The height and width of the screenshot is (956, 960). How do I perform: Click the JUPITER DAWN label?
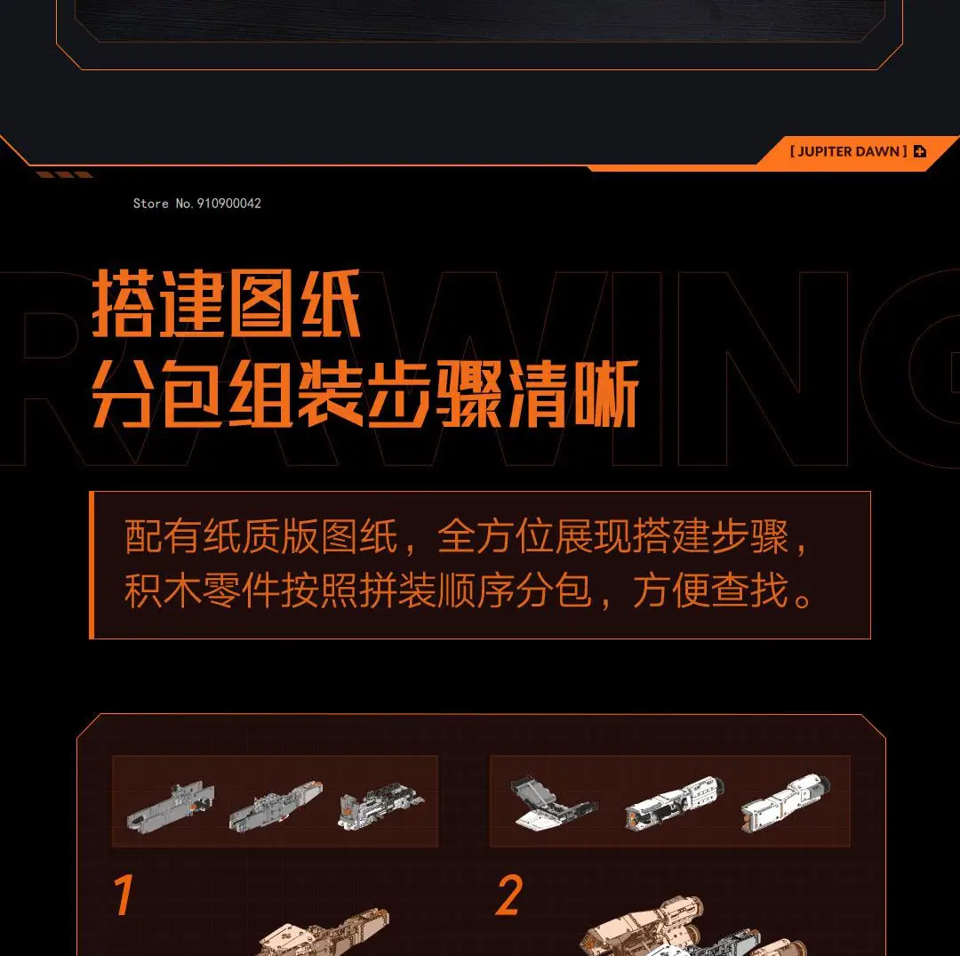click(x=849, y=151)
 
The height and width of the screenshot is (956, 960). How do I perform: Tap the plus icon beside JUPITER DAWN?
click(x=920, y=151)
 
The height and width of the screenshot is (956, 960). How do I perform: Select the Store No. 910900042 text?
click(x=197, y=204)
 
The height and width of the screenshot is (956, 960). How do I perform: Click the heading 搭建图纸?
click(x=226, y=304)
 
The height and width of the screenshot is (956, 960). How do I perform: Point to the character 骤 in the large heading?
click(x=469, y=393)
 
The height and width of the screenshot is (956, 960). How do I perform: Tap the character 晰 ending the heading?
click(x=607, y=393)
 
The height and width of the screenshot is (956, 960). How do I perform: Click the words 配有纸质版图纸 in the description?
click(x=261, y=536)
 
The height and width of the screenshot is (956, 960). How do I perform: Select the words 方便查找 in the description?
click(x=710, y=590)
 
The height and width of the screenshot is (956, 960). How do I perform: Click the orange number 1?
click(x=124, y=894)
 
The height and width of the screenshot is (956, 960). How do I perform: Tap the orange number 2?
click(x=509, y=895)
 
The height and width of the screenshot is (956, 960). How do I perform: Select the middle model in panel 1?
click(x=276, y=806)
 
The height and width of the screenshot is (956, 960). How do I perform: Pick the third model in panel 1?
click(x=380, y=806)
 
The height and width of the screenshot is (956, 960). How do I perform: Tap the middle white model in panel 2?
click(x=675, y=802)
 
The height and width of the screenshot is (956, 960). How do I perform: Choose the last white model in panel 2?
click(x=786, y=803)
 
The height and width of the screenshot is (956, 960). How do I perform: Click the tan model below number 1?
click(x=324, y=934)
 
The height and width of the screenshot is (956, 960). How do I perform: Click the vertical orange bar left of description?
click(x=92, y=565)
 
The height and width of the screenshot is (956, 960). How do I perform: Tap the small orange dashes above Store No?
click(x=64, y=174)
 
